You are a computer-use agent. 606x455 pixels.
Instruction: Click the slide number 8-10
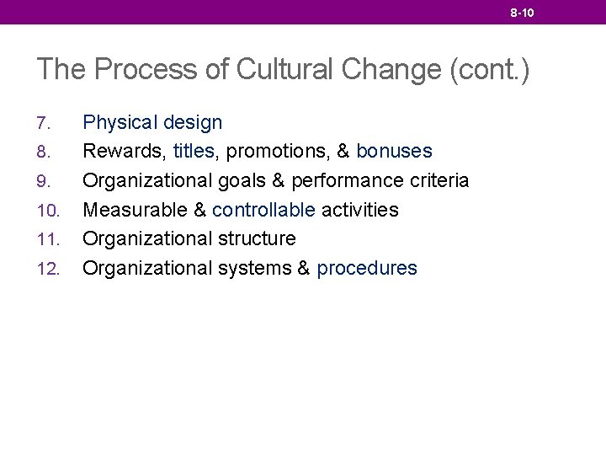(522, 13)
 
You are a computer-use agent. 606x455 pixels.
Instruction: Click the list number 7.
(44, 124)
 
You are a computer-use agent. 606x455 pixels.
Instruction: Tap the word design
(193, 123)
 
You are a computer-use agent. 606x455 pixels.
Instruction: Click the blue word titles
(192, 152)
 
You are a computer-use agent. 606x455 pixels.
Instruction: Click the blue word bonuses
(395, 152)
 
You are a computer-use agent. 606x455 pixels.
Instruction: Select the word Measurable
(134, 210)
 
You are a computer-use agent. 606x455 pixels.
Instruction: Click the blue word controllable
(264, 210)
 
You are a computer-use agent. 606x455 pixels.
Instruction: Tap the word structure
(257, 239)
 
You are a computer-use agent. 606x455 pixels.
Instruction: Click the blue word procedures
(367, 269)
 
